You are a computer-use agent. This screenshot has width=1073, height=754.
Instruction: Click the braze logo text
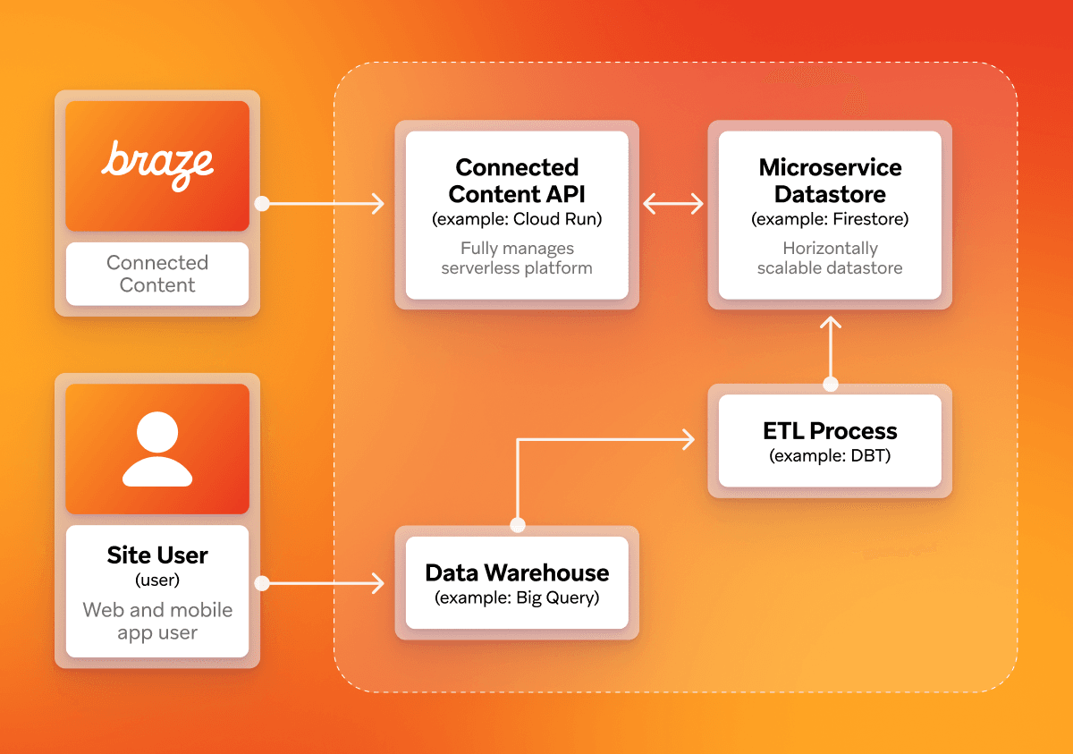coord(157,165)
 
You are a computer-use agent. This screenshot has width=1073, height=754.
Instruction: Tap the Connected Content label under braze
coord(157,274)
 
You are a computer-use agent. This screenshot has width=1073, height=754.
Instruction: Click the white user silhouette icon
coord(157,449)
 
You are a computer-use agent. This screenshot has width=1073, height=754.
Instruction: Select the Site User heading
coord(157,555)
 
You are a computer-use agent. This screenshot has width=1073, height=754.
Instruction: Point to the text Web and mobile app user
coord(157,621)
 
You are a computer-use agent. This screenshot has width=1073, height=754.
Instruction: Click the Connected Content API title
coord(517,181)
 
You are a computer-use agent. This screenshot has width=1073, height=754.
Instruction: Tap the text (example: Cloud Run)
coord(517,219)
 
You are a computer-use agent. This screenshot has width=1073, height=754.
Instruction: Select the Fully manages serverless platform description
coord(517,258)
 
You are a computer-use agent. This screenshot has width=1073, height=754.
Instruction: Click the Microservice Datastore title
coord(830,181)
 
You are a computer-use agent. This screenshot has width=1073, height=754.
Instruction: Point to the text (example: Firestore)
coord(830,219)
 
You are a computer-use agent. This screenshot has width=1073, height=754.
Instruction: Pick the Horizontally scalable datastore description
coord(830,258)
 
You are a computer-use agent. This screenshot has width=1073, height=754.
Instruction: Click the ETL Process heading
coord(830,430)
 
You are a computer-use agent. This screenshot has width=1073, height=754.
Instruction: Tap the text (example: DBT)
coord(830,456)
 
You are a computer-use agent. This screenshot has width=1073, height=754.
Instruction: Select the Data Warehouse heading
coord(517,572)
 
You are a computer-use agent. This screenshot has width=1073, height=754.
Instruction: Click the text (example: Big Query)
coord(517,597)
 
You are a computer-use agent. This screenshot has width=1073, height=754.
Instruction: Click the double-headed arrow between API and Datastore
coord(673,205)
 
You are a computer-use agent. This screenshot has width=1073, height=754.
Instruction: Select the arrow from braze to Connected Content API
coord(326,205)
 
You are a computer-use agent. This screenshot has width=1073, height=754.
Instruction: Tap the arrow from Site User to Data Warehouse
coord(326,584)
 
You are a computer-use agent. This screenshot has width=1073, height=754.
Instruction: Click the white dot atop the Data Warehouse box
coord(517,525)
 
